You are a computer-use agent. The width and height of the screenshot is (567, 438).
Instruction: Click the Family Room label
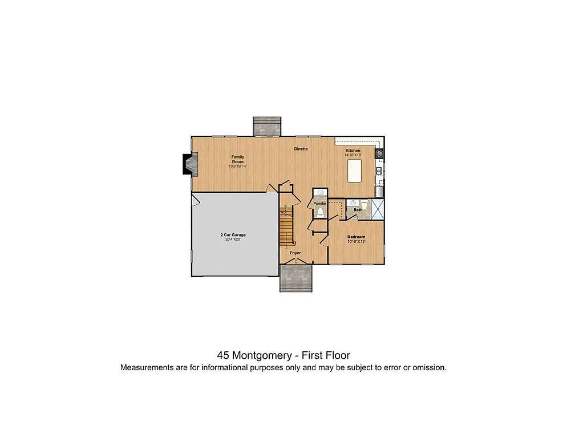pos(237,159)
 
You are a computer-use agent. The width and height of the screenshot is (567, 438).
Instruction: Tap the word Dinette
pos(301,149)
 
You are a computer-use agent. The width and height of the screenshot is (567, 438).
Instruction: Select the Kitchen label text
pos(353,151)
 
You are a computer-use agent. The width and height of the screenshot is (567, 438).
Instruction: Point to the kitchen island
pos(354,171)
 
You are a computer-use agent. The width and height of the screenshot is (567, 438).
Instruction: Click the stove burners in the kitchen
pos(379,153)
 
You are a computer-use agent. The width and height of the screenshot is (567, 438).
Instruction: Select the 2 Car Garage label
pos(233,235)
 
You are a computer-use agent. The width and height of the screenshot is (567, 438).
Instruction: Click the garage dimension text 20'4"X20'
pos(233,240)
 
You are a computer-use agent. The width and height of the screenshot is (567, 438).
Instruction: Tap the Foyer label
pos(295,253)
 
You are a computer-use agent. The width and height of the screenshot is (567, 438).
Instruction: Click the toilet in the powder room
pos(320,212)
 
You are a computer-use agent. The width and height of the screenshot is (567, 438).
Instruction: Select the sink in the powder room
pos(320,193)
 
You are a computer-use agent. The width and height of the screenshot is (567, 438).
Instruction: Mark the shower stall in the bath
pos(376,209)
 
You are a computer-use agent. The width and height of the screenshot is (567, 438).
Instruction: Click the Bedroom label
pos(357,237)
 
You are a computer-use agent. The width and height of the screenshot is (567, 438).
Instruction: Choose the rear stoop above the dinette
pos(267,127)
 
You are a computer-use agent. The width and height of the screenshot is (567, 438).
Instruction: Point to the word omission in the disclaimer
pos(428,367)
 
